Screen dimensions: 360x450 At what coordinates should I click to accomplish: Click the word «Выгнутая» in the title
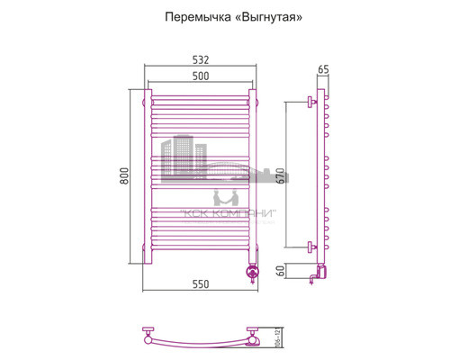[260, 18]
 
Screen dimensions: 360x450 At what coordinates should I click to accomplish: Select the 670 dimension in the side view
[280, 175]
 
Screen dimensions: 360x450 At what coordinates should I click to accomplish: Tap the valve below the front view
[252, 269]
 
